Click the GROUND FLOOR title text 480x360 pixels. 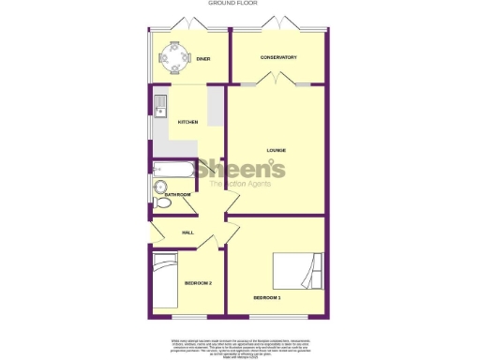click(x=239, y=4)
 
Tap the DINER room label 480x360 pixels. click(x=202, y=59)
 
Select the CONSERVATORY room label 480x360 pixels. click(x=278, y=58)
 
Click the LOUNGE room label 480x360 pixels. click(x=276, y=150)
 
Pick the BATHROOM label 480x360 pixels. click(x=178, y=194)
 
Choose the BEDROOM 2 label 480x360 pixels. click(x=198, y=283)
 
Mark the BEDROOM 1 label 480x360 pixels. click(x=266, y=298)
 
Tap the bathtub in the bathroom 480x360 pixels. click(x=172, y=170)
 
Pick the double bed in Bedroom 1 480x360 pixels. click(x=299, y=272)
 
